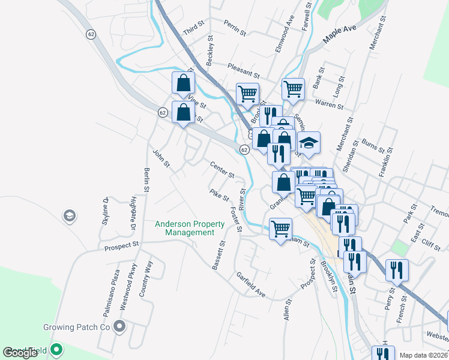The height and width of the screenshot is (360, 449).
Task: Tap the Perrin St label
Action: (235, 28)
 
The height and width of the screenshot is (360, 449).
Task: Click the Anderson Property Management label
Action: (190, 228)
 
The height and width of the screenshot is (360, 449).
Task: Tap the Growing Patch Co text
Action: (77, 328)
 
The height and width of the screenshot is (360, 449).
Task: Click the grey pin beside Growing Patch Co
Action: (119, 327)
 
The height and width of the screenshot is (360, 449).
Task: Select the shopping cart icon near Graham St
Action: (280, 229)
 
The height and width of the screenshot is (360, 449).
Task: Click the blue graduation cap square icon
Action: (309, 144)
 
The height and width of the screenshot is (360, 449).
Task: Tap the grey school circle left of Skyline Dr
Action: (69, 215)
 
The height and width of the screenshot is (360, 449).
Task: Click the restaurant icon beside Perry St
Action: (397, 270)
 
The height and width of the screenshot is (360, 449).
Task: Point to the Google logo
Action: (20, 353)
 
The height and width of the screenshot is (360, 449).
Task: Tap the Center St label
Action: (222, 170)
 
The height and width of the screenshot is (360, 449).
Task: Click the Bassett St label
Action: (218, 255)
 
